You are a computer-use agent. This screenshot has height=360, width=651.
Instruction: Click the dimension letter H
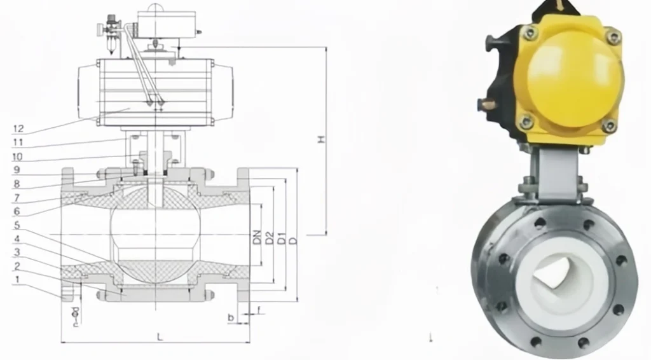point(322,140)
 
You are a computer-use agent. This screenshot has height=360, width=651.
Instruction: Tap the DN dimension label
point(257,239)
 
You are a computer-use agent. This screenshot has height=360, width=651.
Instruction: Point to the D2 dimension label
point(270,239)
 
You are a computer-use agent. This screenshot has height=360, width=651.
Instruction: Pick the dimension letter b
point(232,316)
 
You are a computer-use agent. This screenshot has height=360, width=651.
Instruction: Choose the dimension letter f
point(259,310)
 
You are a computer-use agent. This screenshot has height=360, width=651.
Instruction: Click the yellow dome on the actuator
point(569,76)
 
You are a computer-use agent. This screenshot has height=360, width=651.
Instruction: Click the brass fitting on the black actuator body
point(486,104)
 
